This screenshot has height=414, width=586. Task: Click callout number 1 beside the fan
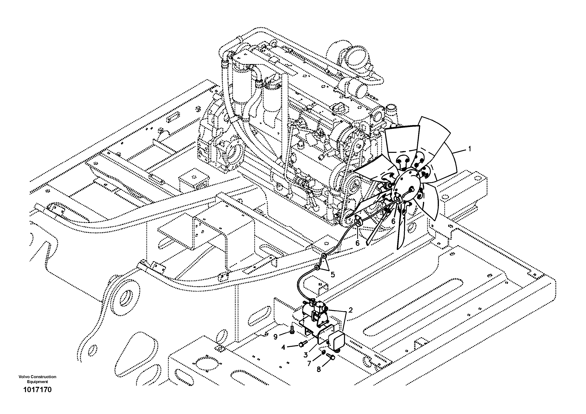pyautogui.click(x=469, y=149)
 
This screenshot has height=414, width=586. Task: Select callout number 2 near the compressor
pyautogui.click(x=350, y=310)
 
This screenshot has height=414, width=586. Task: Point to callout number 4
pyautogui.click(x=283, y=347)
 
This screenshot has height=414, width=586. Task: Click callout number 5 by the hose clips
pyautogui.click(x=333, y=275)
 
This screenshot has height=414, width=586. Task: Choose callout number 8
pyautogui.click(x=319, y=369)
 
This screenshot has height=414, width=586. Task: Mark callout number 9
pyautogui.click(x=275, y=337)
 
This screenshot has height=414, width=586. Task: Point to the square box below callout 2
pyautogui.click(x=336, y=341)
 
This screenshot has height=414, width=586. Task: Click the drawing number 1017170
pyautogui.click(x=37, y=390)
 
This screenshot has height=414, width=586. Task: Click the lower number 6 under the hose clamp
pyautogui.click(x=357, y=243)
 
